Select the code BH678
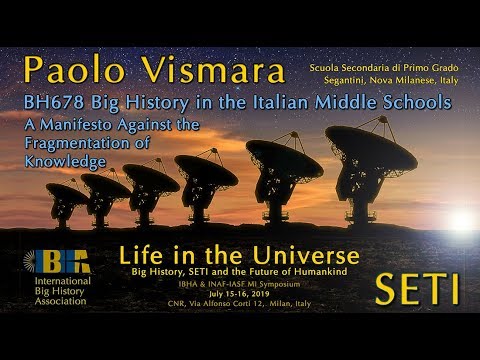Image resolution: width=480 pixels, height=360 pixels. click(53, 104)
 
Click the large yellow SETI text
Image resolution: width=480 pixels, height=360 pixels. click(417, 288)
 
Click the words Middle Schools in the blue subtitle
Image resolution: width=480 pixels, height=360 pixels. click(392, 104)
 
